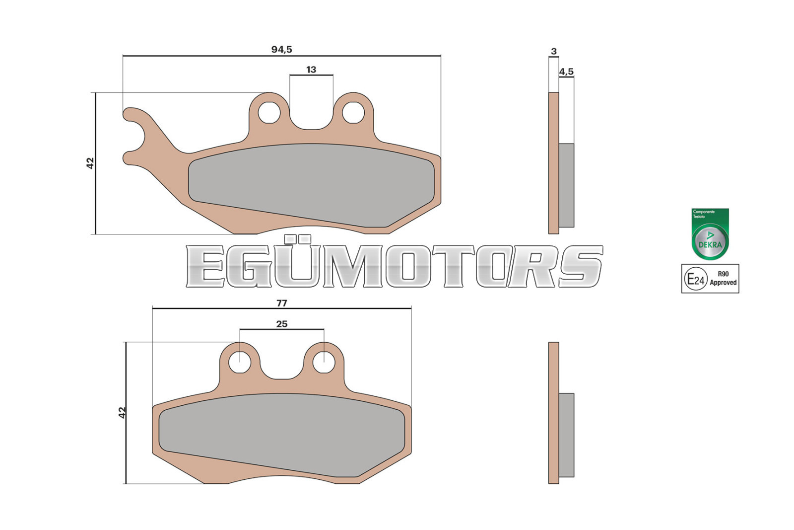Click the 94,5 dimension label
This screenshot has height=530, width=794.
click(281, 49)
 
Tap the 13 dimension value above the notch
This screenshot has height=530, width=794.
click(311, 70)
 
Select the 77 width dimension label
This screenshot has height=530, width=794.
click(281, 303)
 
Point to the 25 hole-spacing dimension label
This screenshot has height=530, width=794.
click(282, 324)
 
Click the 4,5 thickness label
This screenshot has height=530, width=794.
click(566, 72)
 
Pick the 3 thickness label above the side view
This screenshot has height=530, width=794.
click(554, 52)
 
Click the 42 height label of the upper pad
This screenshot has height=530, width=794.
click(90, 163)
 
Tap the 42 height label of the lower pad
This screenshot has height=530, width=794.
click(122, 413)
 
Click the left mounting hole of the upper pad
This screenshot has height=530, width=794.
click(269, 112)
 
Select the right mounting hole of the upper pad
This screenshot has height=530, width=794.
click(353, 112)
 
